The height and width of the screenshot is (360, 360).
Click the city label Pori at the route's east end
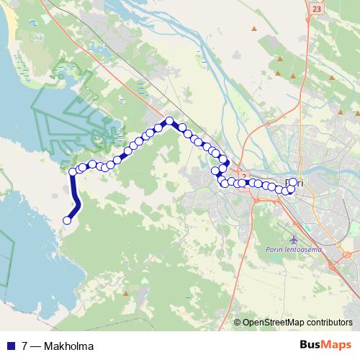pos(294,183)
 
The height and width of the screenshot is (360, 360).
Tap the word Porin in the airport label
pos(273,249)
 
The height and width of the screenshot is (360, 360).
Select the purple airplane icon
pos(293,238)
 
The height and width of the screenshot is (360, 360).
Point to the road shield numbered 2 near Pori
pos(244,176)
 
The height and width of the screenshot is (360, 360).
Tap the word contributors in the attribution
pos(330,323)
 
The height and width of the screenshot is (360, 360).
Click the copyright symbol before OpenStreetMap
pos(238,323)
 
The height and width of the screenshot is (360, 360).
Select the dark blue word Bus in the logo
pos(311,345)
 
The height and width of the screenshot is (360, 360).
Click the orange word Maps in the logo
pos(338,345)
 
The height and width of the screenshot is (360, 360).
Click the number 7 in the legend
pos(25,346)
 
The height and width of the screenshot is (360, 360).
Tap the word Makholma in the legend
pos(68,346)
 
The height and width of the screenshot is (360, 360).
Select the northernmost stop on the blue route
pos(169,121)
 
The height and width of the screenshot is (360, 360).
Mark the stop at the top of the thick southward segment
pos(73,171)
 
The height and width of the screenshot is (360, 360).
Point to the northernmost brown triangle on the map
pos(253,28)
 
